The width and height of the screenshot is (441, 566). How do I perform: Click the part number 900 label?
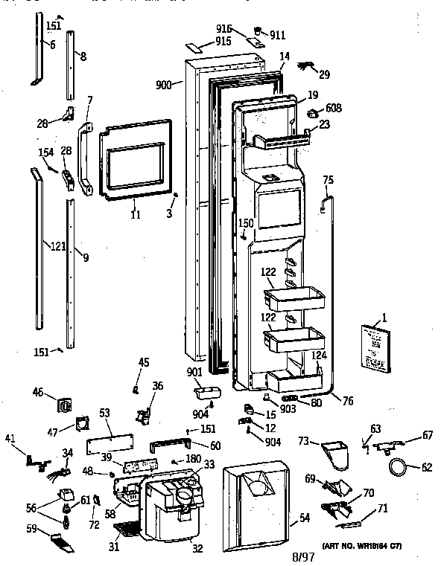pos(164,86)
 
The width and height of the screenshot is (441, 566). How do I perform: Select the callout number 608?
pos(333,109)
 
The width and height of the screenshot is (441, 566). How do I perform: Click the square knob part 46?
pos(65,406)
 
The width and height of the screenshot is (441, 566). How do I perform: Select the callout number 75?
pos(328,179)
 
